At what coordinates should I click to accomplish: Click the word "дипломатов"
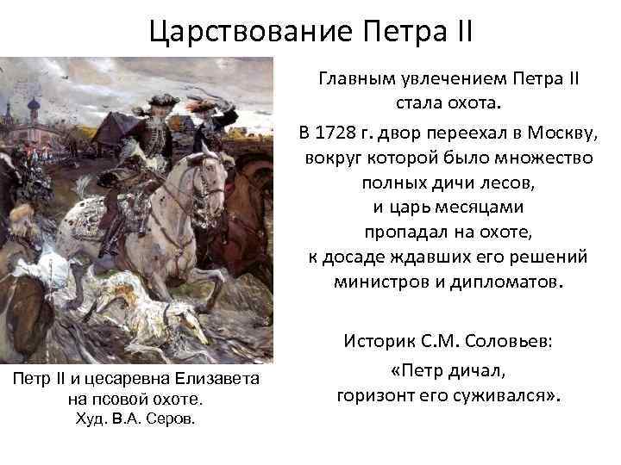tap(509, 282)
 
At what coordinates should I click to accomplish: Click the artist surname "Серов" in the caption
tap(172, 419)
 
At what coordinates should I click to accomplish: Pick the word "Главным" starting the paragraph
tap(355, 79)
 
